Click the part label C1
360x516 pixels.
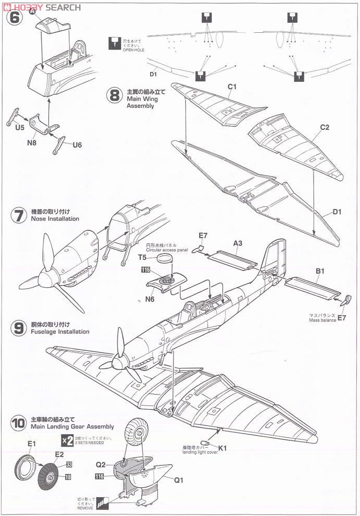coord(232,87)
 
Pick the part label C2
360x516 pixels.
coord(325,127)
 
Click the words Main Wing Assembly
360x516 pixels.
coord(140,102)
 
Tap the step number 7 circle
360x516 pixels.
coord(18,215)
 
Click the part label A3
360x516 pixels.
coord(238,243)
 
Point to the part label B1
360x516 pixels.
coord(320,271)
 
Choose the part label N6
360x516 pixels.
coord(150,299)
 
